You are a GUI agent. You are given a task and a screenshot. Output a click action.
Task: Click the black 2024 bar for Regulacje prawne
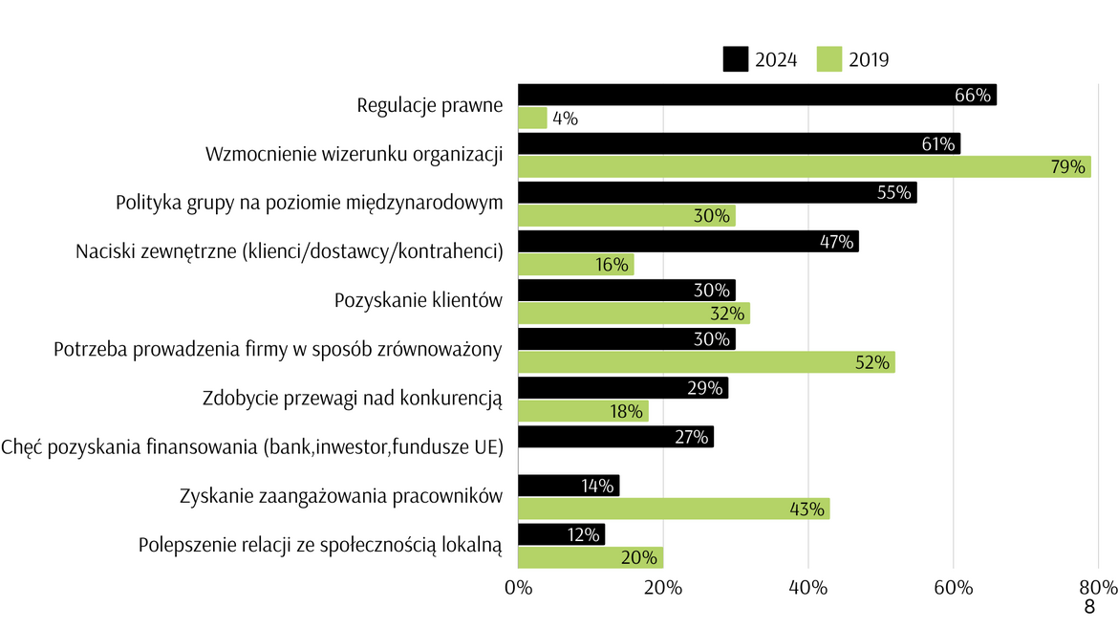(757, 95)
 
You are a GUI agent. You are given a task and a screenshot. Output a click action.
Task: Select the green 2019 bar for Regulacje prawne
(532, 119)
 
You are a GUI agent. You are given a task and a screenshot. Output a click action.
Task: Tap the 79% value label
(1068, 167)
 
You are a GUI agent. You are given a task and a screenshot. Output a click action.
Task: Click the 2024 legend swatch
(735, 59)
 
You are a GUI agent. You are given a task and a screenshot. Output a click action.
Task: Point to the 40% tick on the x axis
(808, 587)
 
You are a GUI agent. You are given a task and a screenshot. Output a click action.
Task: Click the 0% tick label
(518, 587)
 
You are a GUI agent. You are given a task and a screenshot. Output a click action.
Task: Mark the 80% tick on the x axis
(1098, 587)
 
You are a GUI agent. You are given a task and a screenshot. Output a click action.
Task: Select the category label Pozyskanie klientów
(418, 300)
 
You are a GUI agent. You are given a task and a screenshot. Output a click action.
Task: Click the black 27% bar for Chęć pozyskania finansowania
(615, 437)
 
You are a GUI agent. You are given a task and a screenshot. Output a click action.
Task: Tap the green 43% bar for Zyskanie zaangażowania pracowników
(674, 509)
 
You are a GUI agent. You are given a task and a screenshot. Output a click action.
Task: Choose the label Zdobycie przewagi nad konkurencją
(353, 399)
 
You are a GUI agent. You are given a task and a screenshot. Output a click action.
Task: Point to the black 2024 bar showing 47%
(688, 241)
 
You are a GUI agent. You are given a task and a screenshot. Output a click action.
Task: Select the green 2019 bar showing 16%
(575, 265)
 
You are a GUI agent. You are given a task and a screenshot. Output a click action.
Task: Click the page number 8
(1088, 608)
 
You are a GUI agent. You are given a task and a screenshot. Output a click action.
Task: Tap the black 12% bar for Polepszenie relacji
(561, 534)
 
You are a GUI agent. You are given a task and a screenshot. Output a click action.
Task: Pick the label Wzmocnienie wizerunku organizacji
(355, 154)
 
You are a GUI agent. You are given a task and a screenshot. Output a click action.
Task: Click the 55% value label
(894, 192)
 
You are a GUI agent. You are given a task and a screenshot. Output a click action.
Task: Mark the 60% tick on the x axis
(953, 587)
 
